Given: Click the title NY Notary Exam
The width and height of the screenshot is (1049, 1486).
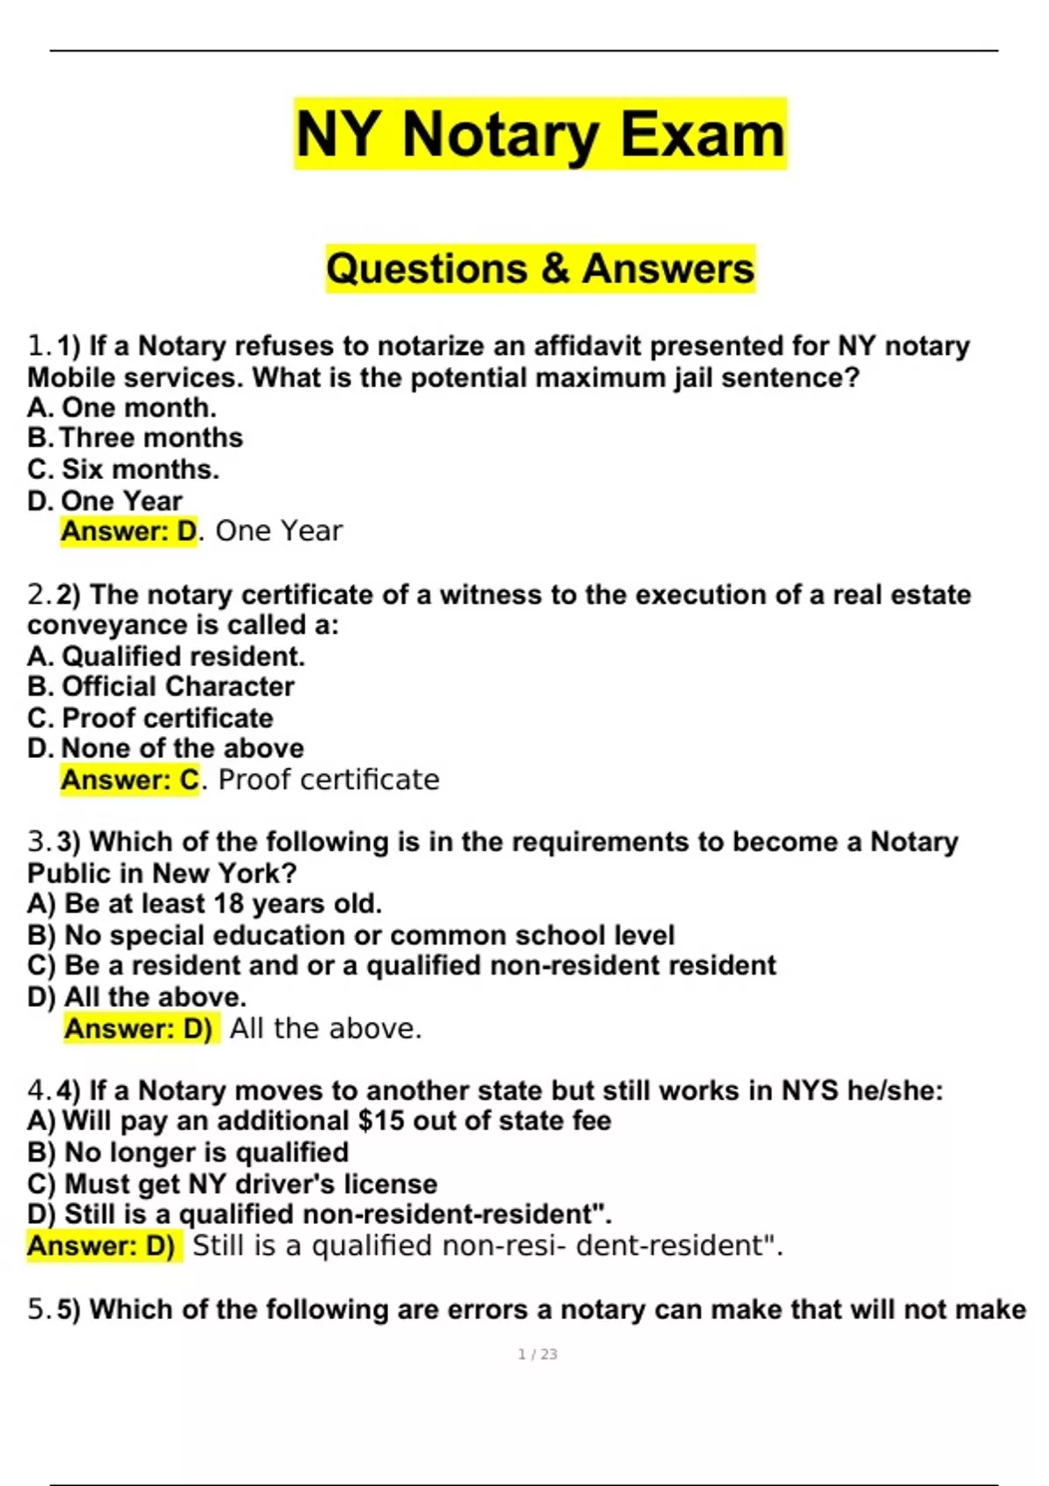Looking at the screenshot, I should click(540, 134).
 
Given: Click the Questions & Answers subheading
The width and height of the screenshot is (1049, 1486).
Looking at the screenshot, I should click(540, 268).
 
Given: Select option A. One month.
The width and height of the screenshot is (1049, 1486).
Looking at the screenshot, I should click(122, 407).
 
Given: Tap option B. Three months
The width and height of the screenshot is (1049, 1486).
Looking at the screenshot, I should click(135, 438).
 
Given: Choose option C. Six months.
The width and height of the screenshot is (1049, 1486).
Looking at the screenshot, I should click(123, 469).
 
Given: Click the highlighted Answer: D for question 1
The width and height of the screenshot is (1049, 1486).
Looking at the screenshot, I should click(129, 531).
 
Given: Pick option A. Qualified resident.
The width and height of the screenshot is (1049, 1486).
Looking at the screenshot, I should click(166, 656).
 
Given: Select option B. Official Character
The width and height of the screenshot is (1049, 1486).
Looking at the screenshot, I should click(161, 686).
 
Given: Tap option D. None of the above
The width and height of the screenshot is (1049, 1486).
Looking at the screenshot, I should click(166, 748).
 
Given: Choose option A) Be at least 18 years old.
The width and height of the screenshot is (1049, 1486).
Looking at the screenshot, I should click(205, 903).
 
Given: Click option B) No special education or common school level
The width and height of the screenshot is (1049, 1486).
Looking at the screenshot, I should click(351, 934).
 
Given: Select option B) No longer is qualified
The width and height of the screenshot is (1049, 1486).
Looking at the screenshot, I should click(188, 1152).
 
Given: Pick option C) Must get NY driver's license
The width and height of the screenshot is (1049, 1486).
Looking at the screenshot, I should click(233, 1184).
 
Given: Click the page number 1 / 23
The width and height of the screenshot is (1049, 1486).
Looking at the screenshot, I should click(538, 1354).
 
